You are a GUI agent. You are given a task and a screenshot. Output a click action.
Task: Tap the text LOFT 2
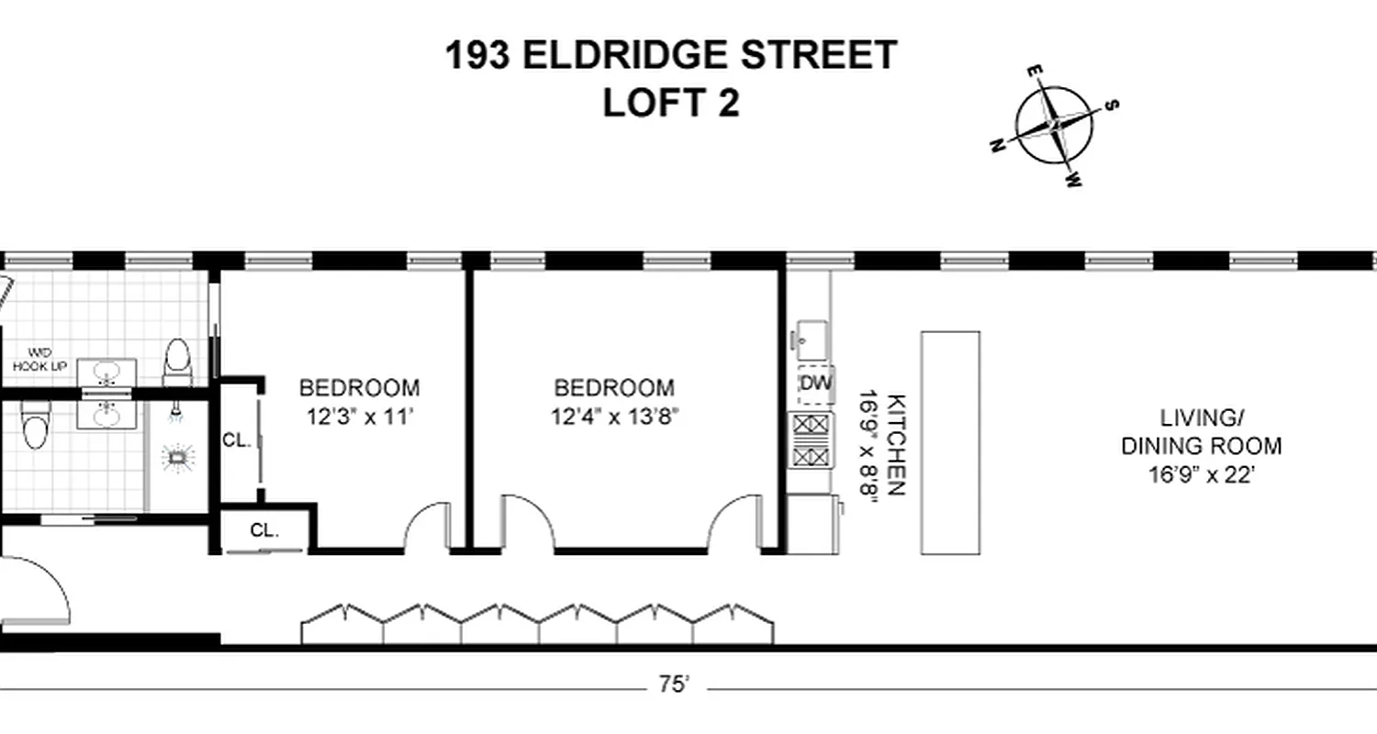pos(671,103)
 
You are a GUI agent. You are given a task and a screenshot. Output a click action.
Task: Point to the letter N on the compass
pos(997,146)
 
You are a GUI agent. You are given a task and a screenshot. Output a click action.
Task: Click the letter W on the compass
pos(1072,181)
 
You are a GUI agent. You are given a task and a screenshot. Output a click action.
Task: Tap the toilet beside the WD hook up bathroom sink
pos(176,361)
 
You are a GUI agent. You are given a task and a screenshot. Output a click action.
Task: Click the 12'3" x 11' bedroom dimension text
pos(359,418)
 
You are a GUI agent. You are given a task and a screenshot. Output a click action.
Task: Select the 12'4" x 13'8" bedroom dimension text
pos(614,418)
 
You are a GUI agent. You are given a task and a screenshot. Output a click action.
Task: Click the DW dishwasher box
pos(815,382)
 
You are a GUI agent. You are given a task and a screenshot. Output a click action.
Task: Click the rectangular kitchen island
pos(950,442)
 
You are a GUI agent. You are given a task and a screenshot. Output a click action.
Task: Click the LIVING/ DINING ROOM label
pos(1201,432)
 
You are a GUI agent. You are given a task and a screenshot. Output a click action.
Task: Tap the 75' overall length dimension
pos(674,684)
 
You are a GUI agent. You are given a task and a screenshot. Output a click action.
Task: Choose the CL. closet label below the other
pos(264,530)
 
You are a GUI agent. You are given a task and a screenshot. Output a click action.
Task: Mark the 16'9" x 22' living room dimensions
pos(1201,475)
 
